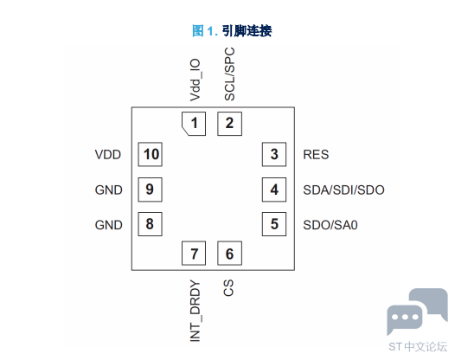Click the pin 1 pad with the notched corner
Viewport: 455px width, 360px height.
click(x=194, y=124)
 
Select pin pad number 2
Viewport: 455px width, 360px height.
click(x=229, y=124)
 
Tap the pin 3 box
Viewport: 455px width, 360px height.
click(x=274, y=154)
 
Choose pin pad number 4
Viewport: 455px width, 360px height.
click(x=274, y=190)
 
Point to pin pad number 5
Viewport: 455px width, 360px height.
click(x=274, y=224)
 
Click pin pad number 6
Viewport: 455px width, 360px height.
click(x=229, y=254)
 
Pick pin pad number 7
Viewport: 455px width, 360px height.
click(x=194, y=254)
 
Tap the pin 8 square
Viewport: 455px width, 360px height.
click(x=150, y=224)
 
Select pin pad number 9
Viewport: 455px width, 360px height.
click(x=150, y=190)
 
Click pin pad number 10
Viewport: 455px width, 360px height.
click(x=150, y=154)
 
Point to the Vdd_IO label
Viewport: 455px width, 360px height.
click(x=195, y=80)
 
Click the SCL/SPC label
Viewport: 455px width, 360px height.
click(x=229, y=74)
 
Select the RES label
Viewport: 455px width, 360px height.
click(x=316, y=155)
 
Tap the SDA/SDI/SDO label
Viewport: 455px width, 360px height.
click(x=344, y=190)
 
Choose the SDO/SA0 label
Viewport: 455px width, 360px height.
click(x=330, y=225)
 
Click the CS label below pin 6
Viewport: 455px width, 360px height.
click(x=228, y=287)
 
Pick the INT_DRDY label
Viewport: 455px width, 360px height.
click(x=195, y=311)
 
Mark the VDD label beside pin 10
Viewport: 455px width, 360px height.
click(x=108, y=155)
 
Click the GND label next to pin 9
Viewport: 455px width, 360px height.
click(x=108, y=190)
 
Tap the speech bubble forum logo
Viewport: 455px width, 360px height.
click(x=417, y=312)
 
